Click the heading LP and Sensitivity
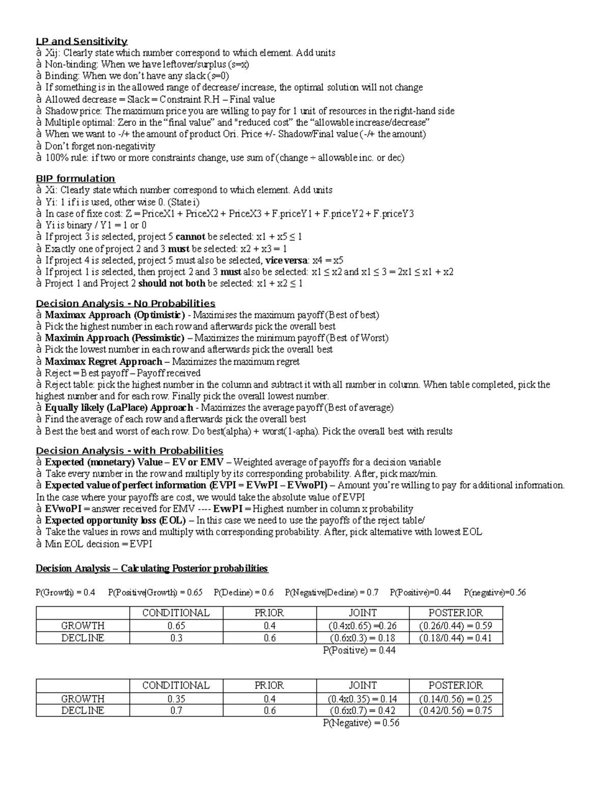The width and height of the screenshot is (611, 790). click(x=81, y=41)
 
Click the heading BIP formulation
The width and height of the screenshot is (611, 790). click(x=75, y=179)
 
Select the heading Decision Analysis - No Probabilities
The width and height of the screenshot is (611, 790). click(x=125, y=304)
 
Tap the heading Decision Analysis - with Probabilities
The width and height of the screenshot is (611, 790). click(x=129, y=451)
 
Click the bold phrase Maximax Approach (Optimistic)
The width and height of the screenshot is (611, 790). click(x=115, y=315)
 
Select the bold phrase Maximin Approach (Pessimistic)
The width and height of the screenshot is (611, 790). click(x=115, y=338)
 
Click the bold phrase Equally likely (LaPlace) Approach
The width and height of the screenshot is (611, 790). click(x=119, y=407)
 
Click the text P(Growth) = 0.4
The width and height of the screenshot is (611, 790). click(x=65, y=593)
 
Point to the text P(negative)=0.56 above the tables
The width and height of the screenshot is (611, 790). click(x=495, y=593)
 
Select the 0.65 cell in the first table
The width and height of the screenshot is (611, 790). click(x=176, y=626)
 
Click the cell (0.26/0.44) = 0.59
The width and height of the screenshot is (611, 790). click(x=455, y=626)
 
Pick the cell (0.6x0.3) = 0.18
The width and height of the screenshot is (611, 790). click(x=363, y=638)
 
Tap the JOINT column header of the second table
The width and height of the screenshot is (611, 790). click(x=363, y=686)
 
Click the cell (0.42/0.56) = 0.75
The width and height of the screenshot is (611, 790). click(x=455, y=711)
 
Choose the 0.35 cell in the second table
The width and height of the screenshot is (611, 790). click(x=176, y=699)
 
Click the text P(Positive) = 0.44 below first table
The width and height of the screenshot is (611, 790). click(x=359, y=650)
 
